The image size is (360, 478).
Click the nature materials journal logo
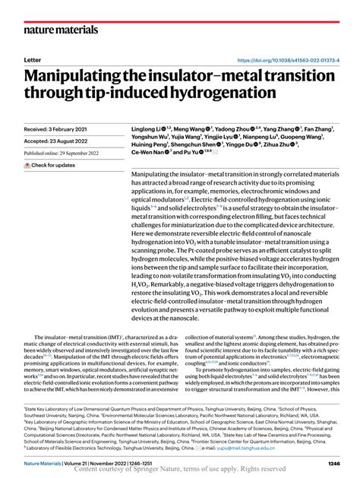pyautogui.click(x=62, y=30)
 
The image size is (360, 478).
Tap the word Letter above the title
pyautogui.click(x=33, y=59)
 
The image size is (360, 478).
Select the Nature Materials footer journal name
pyautogui.click(x=47, y=462)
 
